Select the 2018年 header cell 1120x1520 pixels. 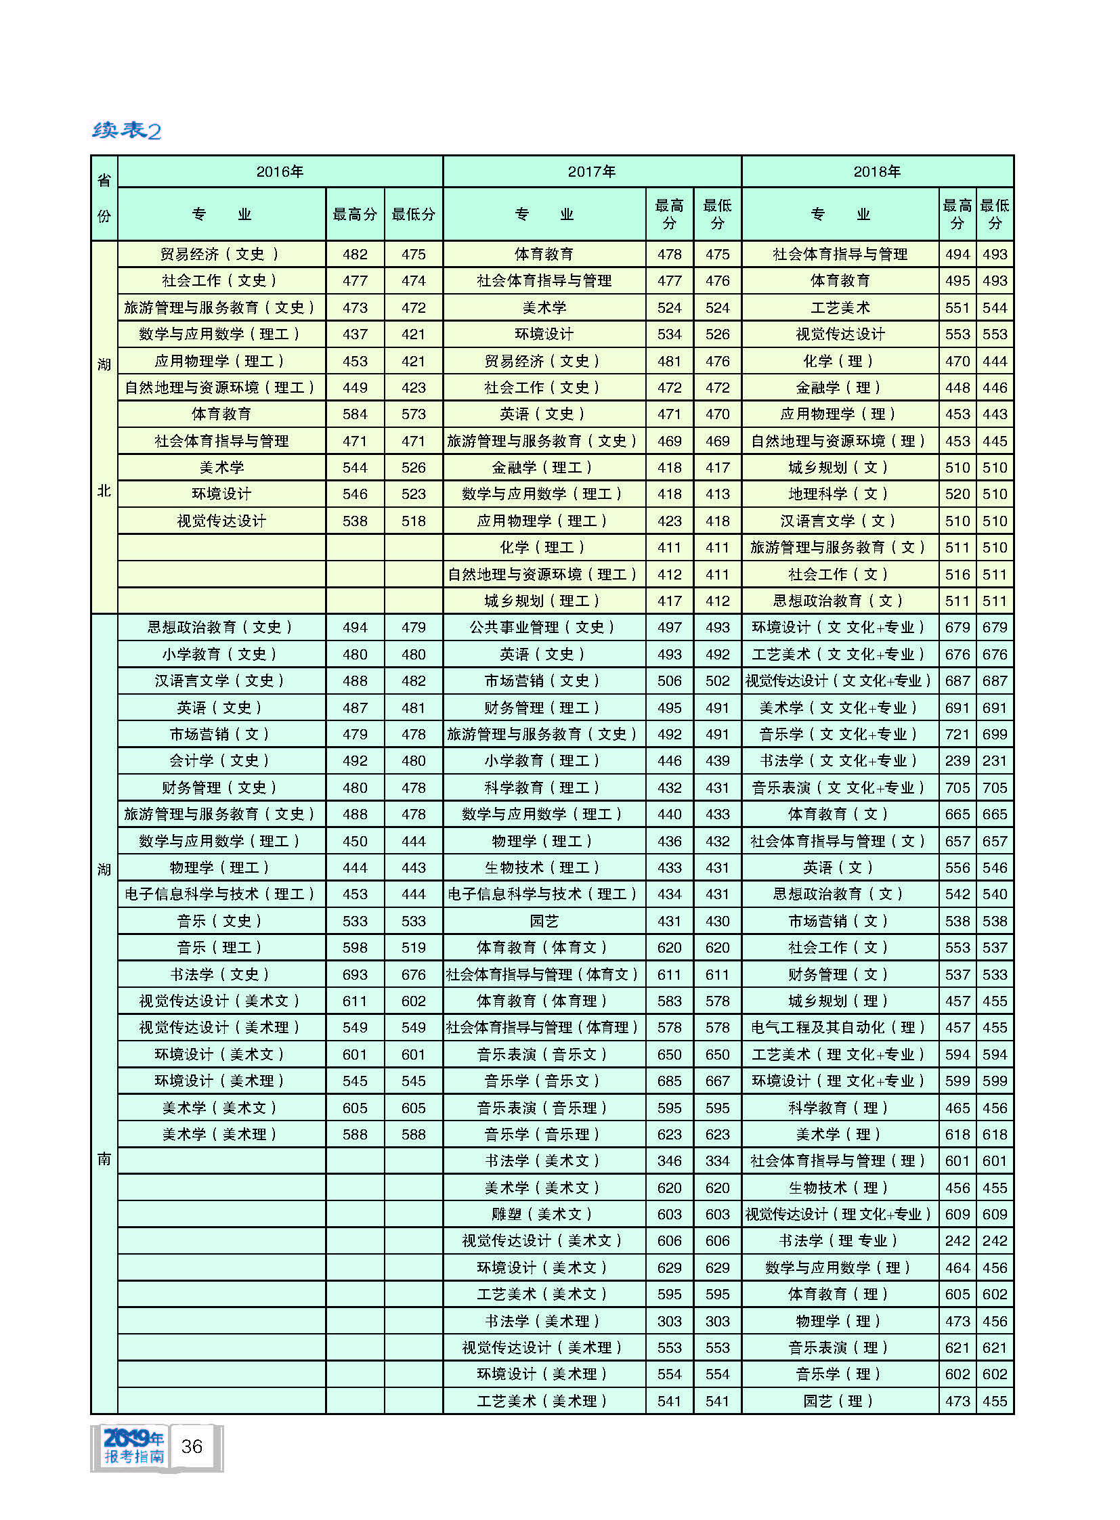[x=877, y=172]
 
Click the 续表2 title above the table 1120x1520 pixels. [x=127, y=129]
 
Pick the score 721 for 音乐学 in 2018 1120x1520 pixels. [x=957, y=734]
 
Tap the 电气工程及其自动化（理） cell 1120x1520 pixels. [x=838, y=1028]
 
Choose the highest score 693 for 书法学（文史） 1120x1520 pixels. [x=355, y=975]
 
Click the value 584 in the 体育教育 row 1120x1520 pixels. [x=355, y=414]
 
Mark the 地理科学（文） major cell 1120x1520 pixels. [x=838, y=494]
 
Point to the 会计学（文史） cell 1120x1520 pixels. [x=221, y=761]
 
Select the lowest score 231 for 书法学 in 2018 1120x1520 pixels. [x=995, y=761]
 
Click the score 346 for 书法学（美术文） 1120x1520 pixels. [x=669, y=1161]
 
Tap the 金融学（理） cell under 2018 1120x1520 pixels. [x=838, y=388]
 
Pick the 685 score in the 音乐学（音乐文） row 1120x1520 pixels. [x=669, y=1081]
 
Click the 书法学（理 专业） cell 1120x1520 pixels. [x=838, y=1241]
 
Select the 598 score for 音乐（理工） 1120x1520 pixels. [x=355, y=948]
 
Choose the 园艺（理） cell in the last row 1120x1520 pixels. [x=838, y=1402]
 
